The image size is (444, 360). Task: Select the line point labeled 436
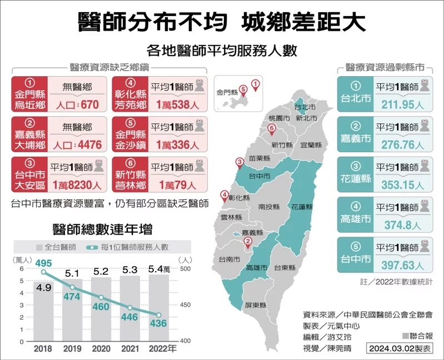[x=159, y=315]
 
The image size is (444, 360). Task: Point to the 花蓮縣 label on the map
[x=302, y=207]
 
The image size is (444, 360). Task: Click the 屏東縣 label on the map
[x=256, y=306]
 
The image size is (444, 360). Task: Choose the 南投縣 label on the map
[x=270, y=207]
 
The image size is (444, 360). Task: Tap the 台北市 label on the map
[x=305, y=107]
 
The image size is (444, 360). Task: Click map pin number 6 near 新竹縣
[x=271, y=129]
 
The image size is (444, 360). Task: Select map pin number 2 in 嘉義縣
[x=248, y=242]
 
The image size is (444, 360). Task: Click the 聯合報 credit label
[x=418, y=336]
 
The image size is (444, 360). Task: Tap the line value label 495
[x=44, y=262]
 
